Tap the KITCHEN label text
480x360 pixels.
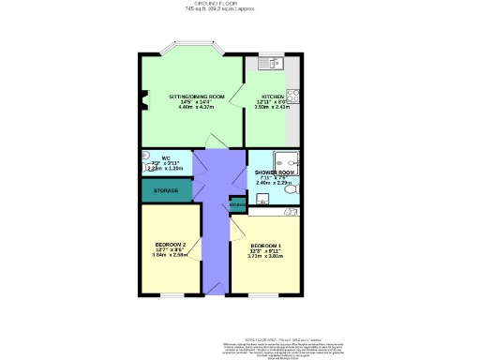[273, 97]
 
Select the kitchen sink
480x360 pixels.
[273, 64]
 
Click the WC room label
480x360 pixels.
[165, 157]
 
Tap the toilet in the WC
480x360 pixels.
[147, 157]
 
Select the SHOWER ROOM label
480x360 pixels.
[275, 172]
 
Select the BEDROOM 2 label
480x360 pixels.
[170, 246]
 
